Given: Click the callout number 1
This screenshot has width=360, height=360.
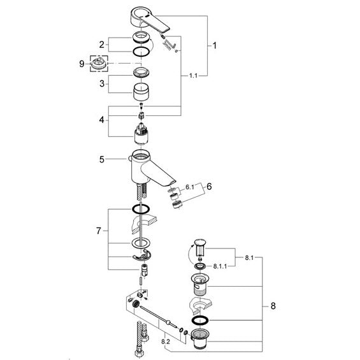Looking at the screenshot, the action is pos(215,45).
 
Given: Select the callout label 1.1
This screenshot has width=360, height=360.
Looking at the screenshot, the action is pos(193,76).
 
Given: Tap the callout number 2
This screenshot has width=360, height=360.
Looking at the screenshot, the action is pos(101,45).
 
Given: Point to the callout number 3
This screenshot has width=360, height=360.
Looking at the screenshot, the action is pos(102,83).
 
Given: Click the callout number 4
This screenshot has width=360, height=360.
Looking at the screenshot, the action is pos(101,120).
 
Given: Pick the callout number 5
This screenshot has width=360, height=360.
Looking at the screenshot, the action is pos(102,159).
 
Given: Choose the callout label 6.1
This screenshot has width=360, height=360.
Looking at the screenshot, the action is pos(190,187).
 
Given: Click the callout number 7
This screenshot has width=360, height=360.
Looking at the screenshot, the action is pos(99,231).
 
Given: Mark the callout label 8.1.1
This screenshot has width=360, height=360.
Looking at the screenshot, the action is pos(220,266).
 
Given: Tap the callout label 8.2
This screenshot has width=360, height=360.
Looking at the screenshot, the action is pos(165,342).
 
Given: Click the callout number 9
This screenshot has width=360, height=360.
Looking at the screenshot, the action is pos(82,64).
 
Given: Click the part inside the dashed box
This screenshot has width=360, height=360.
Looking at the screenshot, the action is pos(99,64).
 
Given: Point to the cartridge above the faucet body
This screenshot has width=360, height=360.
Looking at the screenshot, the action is pos(141,135).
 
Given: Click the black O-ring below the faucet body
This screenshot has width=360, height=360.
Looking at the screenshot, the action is pos(141,209).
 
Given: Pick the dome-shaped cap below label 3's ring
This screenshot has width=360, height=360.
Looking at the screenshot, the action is pos(141,92).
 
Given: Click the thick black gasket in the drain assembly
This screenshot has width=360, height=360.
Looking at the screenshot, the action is pos(200,320).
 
